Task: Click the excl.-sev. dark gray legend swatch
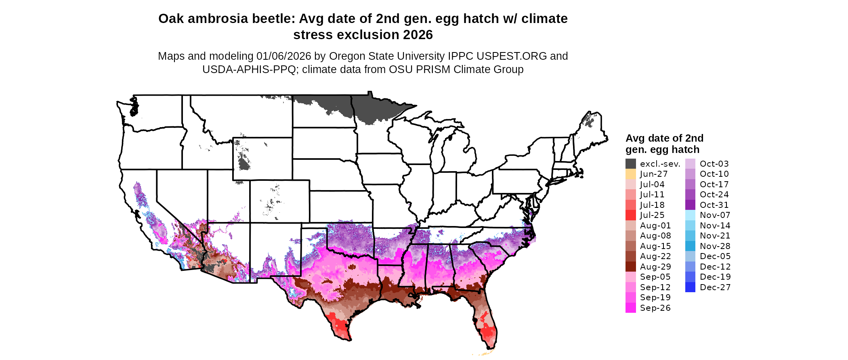[630, 164]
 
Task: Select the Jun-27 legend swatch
[630, 174]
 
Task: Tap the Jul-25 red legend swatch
[630, 215]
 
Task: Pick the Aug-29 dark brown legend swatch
[630, 267]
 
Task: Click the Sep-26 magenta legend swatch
[630, 308]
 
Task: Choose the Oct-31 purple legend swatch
[690, 205]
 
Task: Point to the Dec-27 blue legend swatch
[690, 287]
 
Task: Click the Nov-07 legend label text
[715, 215]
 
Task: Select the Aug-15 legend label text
[655, 246]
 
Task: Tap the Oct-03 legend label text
[714, 164]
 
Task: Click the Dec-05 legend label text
[715, 256]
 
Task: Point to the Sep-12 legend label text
[655, 287]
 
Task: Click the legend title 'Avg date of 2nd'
[664, 138]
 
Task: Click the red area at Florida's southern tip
[489, 333]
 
